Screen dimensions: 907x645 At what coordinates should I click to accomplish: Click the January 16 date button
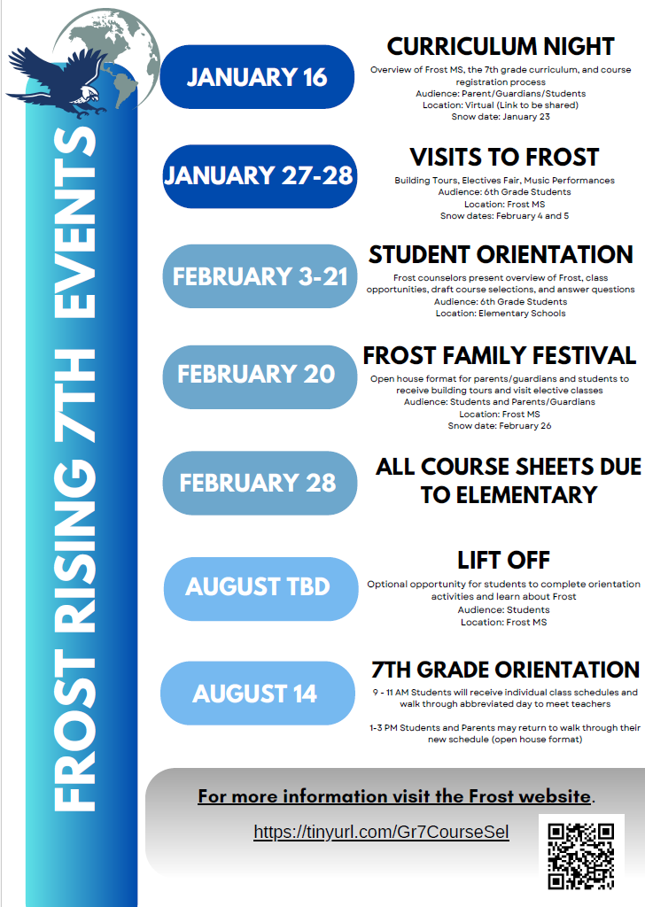pos(257,77)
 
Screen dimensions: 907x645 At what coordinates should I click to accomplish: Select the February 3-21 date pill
pos(260,276)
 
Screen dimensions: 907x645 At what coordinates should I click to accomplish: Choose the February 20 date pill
pos(256,375)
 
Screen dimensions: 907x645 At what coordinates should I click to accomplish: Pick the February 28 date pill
pos(258,483)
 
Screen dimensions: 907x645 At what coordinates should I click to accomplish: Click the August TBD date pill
pos(258,587)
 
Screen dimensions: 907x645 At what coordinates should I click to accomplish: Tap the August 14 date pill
pos(255,693)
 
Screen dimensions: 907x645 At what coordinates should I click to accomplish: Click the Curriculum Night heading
pos(501,46)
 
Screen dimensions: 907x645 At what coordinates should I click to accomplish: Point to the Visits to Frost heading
pos(504,158)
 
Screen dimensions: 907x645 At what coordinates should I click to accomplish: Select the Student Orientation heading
pos(501,255)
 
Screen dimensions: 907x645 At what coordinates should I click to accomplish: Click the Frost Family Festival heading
pos(500,356)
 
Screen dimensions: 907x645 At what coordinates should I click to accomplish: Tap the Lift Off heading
pos(503,560)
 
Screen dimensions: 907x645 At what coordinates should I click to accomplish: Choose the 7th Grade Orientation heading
pos(505,670)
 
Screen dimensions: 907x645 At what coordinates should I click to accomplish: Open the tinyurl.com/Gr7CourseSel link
pos(381,833)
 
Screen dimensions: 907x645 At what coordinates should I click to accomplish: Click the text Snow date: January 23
pos(501,116)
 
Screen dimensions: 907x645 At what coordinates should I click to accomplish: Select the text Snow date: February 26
pos(500,426)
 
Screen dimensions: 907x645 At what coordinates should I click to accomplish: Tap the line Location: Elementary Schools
pos(501,313)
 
